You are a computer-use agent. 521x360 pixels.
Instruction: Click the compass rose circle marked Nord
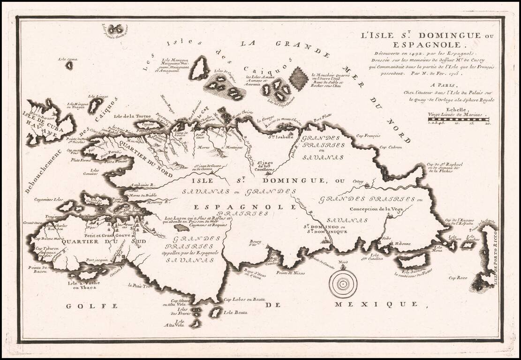point(343,284)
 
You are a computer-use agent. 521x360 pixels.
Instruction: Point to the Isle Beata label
point(234,313)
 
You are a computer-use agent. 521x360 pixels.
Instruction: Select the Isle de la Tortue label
point(130,116)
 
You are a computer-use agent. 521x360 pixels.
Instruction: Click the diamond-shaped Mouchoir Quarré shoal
point(298,79)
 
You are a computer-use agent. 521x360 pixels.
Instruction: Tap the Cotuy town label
point(358,181)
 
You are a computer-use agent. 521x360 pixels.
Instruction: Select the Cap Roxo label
point(458,278)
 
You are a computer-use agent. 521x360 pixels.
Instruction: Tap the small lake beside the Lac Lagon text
point(181,227)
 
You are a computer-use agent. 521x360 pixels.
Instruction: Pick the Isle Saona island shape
point(413,261)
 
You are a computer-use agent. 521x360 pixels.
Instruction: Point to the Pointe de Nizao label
point(290,273)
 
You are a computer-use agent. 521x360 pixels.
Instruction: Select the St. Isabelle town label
point(277,137)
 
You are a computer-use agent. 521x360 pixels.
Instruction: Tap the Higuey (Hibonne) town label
point(402,244)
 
